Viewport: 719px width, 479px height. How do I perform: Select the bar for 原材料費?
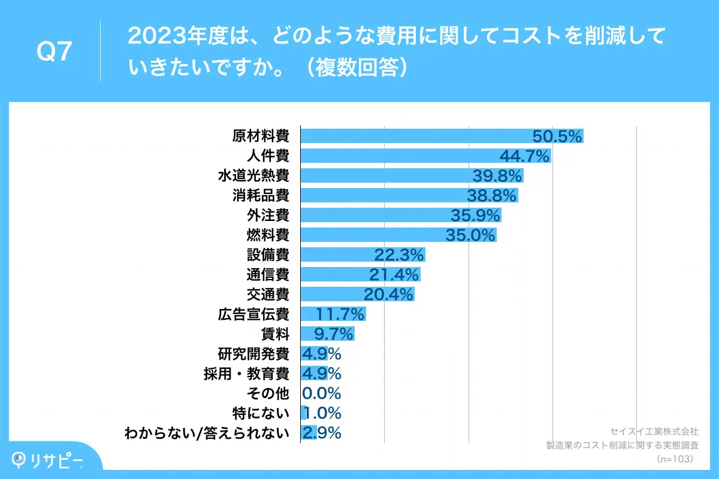click(419, 137)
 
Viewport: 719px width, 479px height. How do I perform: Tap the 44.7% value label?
click(524, 157)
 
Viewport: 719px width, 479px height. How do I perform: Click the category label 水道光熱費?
click(253, 176)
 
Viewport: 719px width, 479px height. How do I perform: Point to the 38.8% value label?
click(491, 196)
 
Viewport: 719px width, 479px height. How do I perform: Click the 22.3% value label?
click(399, 255)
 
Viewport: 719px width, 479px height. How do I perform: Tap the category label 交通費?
click(268, 295)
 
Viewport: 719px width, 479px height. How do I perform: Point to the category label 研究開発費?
click(253, 354)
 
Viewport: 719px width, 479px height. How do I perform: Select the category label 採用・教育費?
click(247, 374)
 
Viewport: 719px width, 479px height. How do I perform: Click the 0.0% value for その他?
click(321, 393)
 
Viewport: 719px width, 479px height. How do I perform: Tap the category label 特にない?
click(261, 413)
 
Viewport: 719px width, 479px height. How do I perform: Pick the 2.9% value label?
click(321, 433)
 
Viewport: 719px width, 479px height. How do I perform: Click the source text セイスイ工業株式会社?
click(653, 431)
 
